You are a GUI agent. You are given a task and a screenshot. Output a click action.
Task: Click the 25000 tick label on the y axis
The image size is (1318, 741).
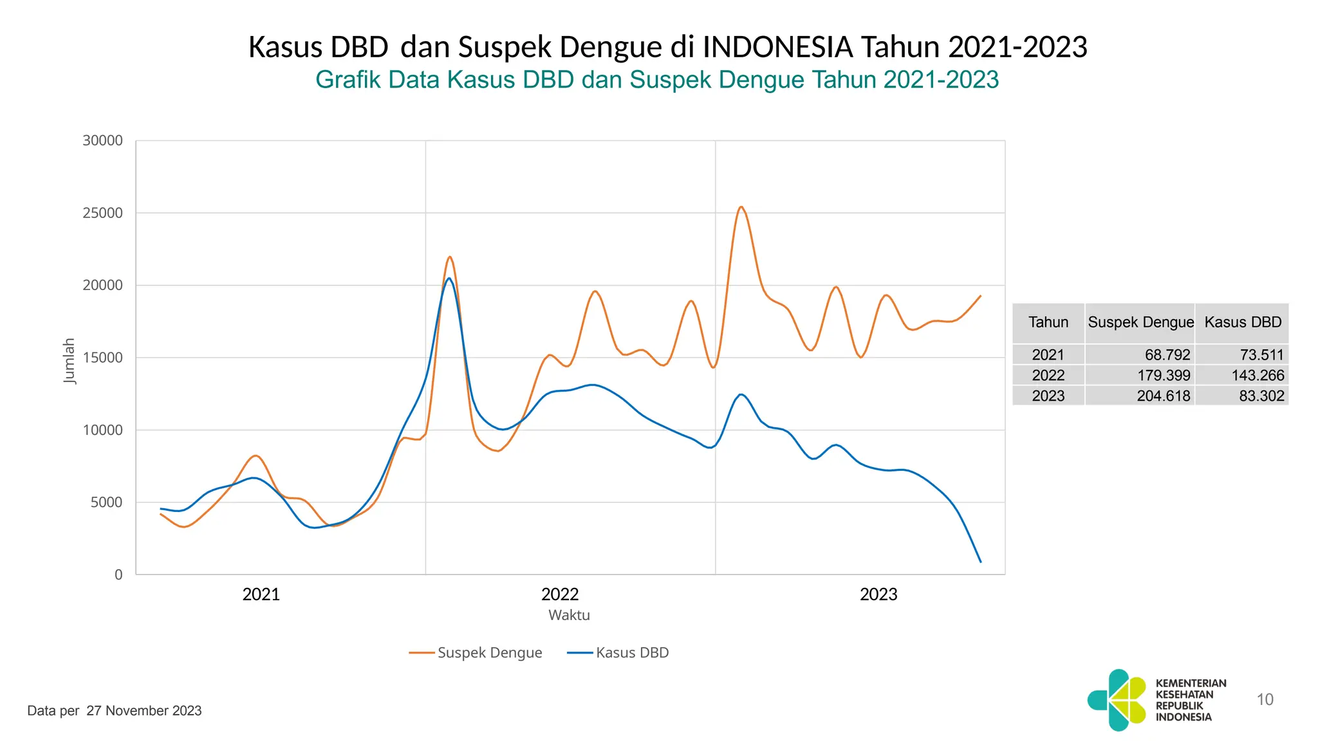pos(102,213)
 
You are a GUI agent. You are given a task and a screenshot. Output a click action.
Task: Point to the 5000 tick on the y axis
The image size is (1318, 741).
pos(106,502)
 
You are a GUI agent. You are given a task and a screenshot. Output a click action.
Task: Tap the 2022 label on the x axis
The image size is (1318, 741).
pos(560,594)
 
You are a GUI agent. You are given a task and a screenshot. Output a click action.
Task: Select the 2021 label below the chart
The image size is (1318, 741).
pos(261,594)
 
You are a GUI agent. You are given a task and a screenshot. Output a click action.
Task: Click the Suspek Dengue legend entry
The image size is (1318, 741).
pos(489,653)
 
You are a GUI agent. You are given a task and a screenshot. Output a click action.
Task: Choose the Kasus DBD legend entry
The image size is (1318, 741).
pos(632,653)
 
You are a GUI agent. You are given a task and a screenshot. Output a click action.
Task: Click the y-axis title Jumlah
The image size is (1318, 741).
pos(69,361)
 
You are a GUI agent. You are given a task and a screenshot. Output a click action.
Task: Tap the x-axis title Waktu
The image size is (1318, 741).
pos(569,615)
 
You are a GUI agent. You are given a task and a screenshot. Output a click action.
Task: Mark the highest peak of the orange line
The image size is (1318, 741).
pos(741,207)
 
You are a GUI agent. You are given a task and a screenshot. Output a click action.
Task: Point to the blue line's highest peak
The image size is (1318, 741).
pos(449,279)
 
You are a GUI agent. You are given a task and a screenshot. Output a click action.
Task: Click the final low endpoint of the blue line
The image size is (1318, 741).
pos(980,562)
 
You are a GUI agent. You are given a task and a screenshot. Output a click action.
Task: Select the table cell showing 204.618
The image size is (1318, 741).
pos(1164,396)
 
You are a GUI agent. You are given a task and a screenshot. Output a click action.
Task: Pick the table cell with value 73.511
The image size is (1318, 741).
pos(1261,354)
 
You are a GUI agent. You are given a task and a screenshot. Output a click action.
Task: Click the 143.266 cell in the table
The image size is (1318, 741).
pos(1258,375)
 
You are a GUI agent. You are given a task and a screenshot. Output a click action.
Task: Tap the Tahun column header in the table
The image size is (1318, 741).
pos(1048,322)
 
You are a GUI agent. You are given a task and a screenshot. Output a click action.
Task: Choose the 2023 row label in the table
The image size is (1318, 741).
pos(1048,396)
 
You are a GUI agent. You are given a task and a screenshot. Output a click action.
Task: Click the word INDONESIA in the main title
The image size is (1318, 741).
pos(777,47)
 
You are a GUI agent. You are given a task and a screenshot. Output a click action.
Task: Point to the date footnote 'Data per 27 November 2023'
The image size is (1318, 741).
pos(115,711)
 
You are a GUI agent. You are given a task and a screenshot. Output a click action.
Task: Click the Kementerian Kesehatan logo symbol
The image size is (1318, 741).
pos(1118,700)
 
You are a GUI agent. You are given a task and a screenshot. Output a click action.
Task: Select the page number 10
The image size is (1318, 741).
pos(1265,700)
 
